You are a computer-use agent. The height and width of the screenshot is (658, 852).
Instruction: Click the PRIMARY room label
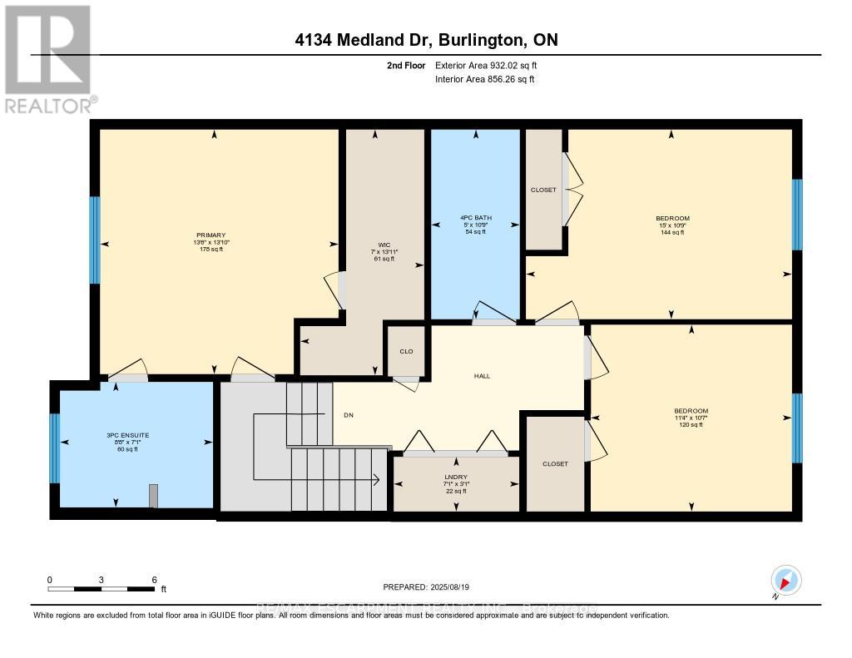(217, 235)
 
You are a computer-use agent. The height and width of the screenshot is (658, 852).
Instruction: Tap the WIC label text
(384, 245)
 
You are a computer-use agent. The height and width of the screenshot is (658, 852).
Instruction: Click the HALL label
(482, 376)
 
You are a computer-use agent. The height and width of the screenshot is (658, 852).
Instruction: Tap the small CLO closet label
(406, 351)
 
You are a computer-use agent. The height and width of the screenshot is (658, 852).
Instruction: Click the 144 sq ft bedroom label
(672, 219)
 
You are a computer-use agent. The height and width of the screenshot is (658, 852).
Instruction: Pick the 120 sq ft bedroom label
(691, 411)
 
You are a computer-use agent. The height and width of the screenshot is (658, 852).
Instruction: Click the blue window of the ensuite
(55, 448)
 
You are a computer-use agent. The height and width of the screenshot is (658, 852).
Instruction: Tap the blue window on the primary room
(94, 240)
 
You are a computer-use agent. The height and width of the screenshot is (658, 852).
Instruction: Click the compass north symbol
(785, 580)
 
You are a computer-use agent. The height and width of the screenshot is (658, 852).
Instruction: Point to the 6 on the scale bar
(154, 579)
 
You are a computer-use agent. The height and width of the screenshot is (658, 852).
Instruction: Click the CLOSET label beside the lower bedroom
(554, 463)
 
